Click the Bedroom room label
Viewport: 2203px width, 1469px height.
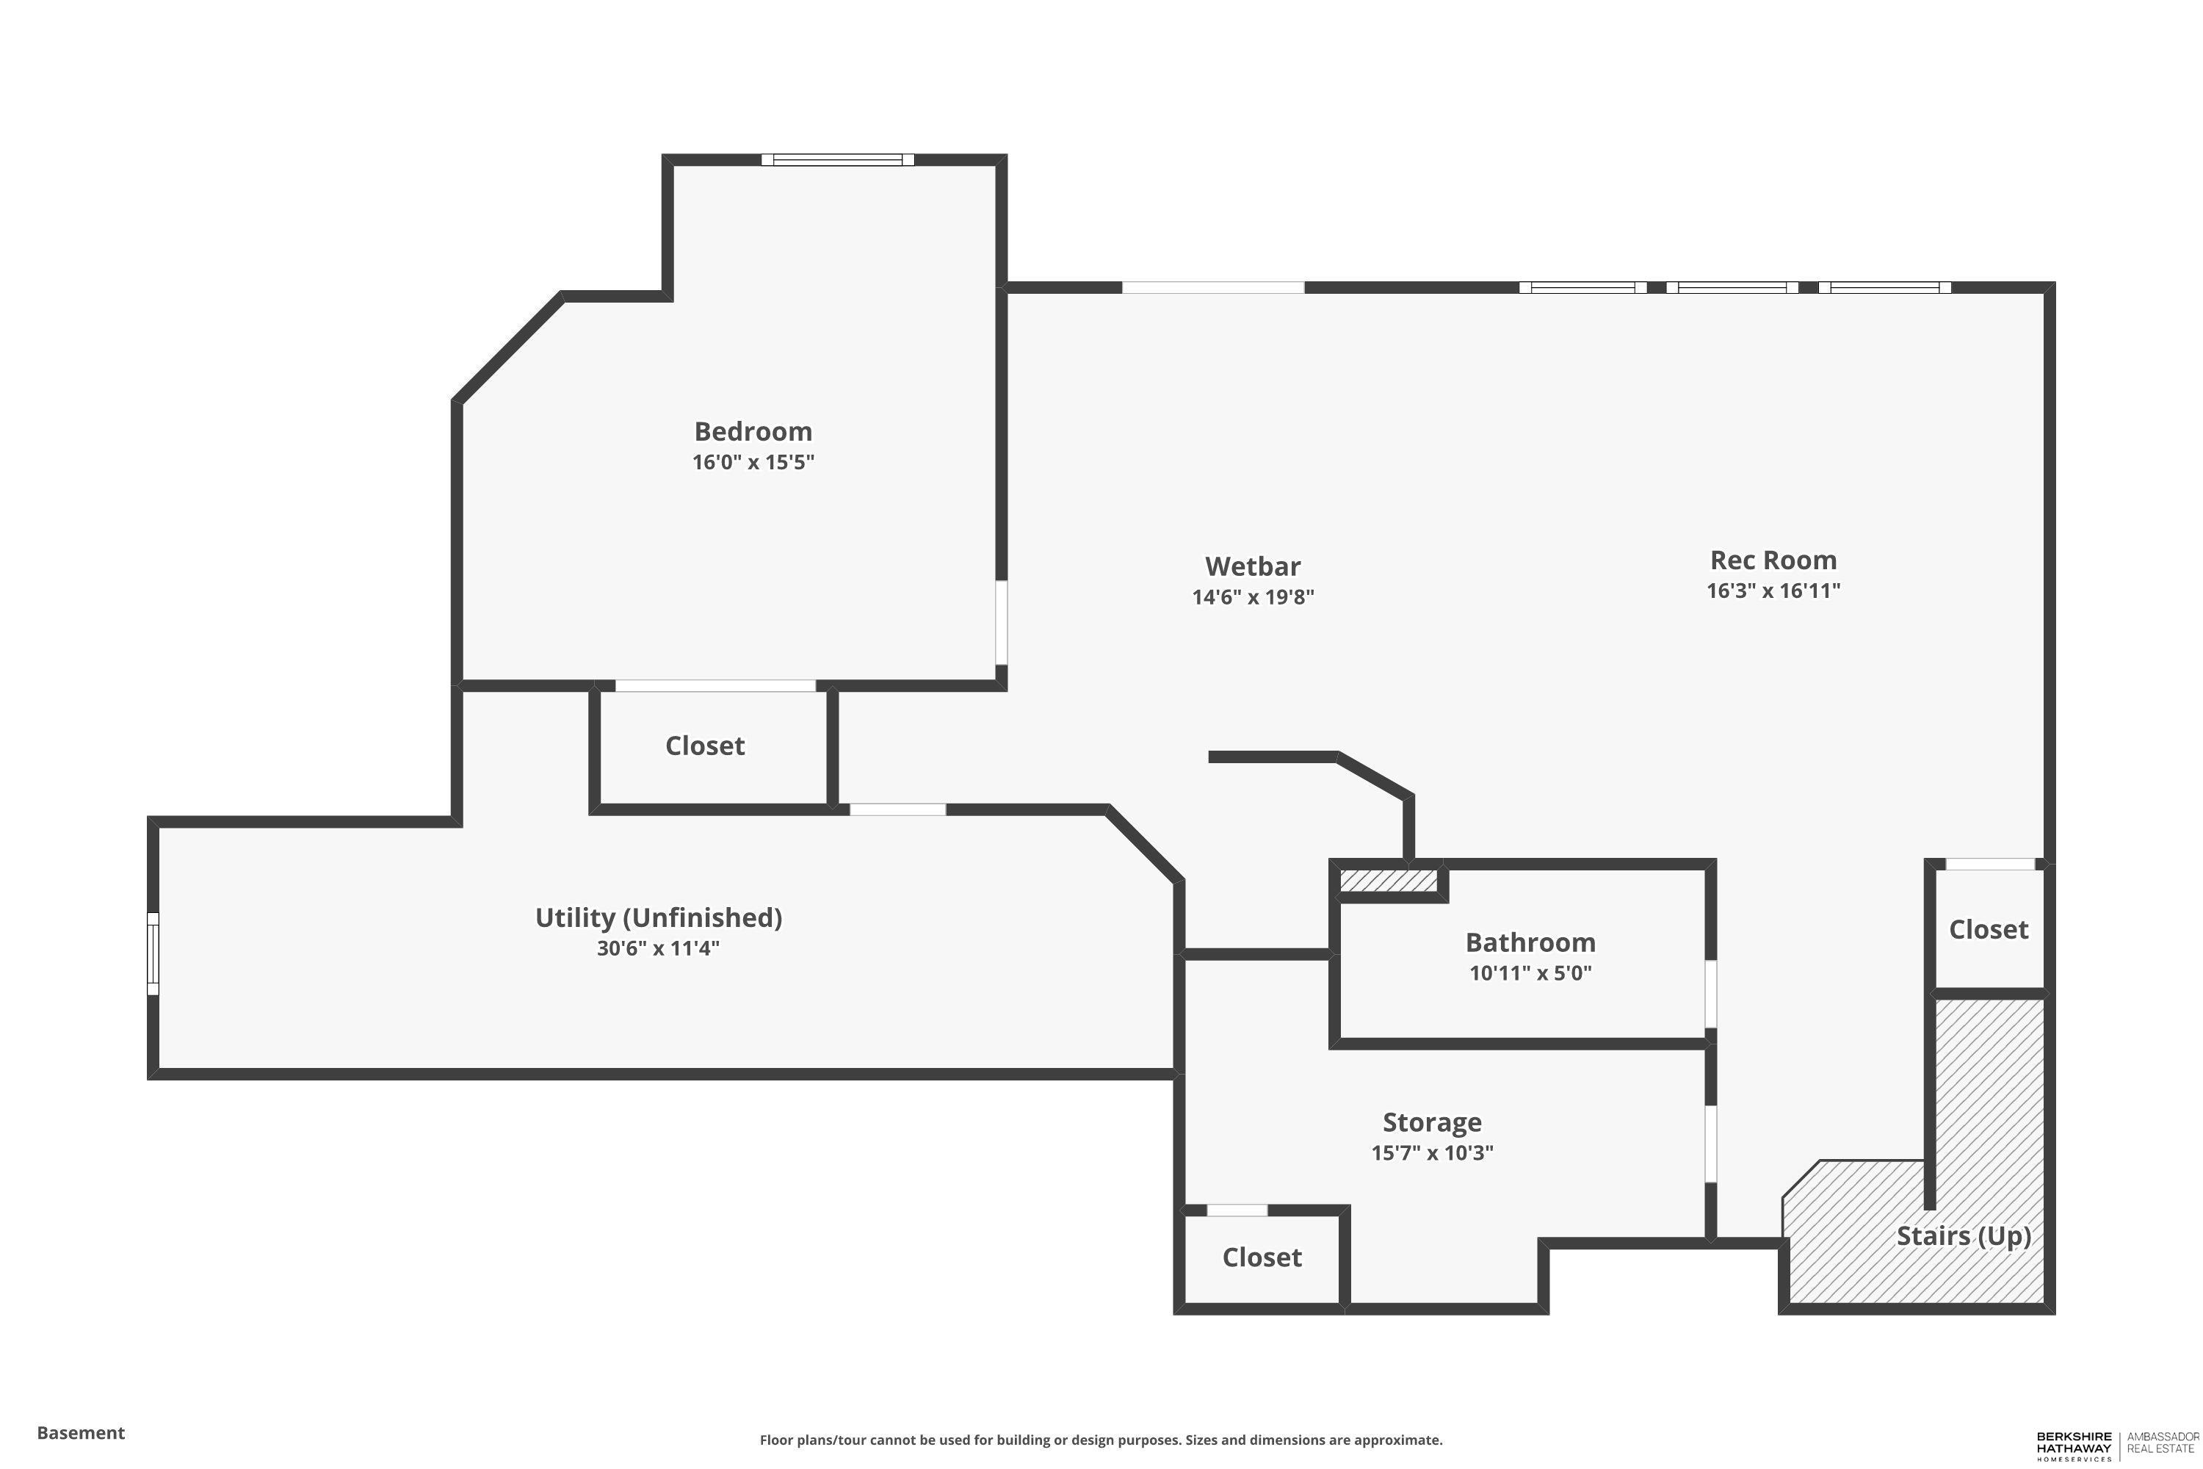[x=753, y=432]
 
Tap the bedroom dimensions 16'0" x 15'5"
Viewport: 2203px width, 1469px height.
[x=753, y=462]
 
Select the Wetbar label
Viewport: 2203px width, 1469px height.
[x=1252, y=567]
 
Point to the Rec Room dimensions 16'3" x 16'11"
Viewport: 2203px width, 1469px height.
[x=1773, y=591]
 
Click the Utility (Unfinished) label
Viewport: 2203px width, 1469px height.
[x=659, y=918]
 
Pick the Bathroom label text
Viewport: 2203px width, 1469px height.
[x=1530, y=942]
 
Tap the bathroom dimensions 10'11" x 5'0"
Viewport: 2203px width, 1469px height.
[x=1530, y=972]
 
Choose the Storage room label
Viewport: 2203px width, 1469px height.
[x=1432, y=1122]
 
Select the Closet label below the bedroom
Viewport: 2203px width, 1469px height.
[x=705, y=746]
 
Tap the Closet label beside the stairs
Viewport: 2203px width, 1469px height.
[x=1989, y=929]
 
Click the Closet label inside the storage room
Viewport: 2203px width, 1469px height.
[x=1262, y=1257]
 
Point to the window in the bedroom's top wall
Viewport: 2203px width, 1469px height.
[x=837, y=159]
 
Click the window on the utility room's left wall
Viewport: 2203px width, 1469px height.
[x=153, y=953]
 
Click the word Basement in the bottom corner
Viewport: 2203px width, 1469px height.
[x=81, y=1432]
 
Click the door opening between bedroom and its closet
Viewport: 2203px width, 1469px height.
[x=715, y=686]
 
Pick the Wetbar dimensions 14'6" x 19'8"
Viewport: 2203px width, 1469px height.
[x=1252, y=596]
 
